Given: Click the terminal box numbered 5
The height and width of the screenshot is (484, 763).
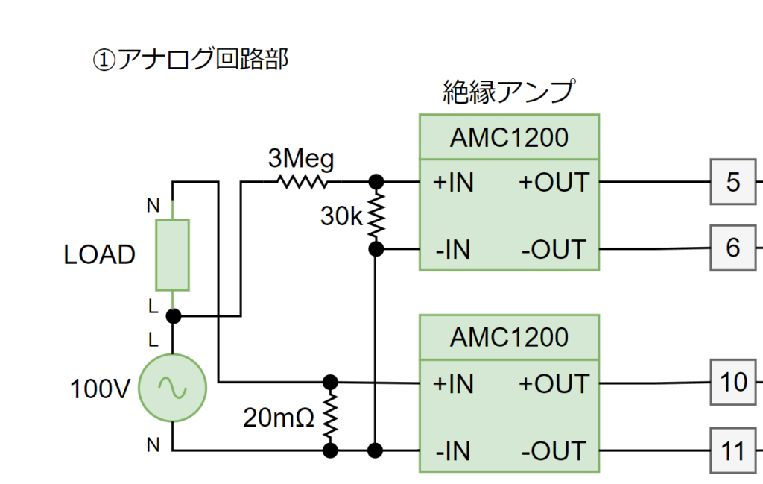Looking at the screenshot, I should (x=733, y=182).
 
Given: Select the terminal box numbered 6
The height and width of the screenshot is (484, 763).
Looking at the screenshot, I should (x=733, y=247).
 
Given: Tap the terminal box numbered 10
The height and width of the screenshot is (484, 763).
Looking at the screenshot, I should (x=733, y=383).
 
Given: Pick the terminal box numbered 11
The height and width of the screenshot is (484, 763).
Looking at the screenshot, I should (x=733, y=450).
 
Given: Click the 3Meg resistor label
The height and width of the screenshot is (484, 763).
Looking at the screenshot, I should (x=301, y=159).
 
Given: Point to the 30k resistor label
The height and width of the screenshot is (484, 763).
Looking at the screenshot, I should (x=341, y=216).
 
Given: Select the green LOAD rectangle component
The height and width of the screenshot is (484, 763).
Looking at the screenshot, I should (x=172, y=254).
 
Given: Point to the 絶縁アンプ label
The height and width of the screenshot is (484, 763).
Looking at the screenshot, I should (x=509, y=91).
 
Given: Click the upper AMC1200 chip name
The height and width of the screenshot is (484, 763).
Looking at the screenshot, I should (x=509, y=137).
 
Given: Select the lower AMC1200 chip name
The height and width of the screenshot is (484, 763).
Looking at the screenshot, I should (x=509, y=338).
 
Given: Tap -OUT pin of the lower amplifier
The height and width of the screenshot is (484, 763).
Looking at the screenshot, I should (x=554, y=451).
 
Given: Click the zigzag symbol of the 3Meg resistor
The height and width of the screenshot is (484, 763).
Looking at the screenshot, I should (x=302, y=181).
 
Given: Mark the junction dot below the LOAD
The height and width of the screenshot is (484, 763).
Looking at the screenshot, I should (x=173, y=316).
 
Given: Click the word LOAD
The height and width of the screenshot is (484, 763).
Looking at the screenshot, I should (x=100, y=255).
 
